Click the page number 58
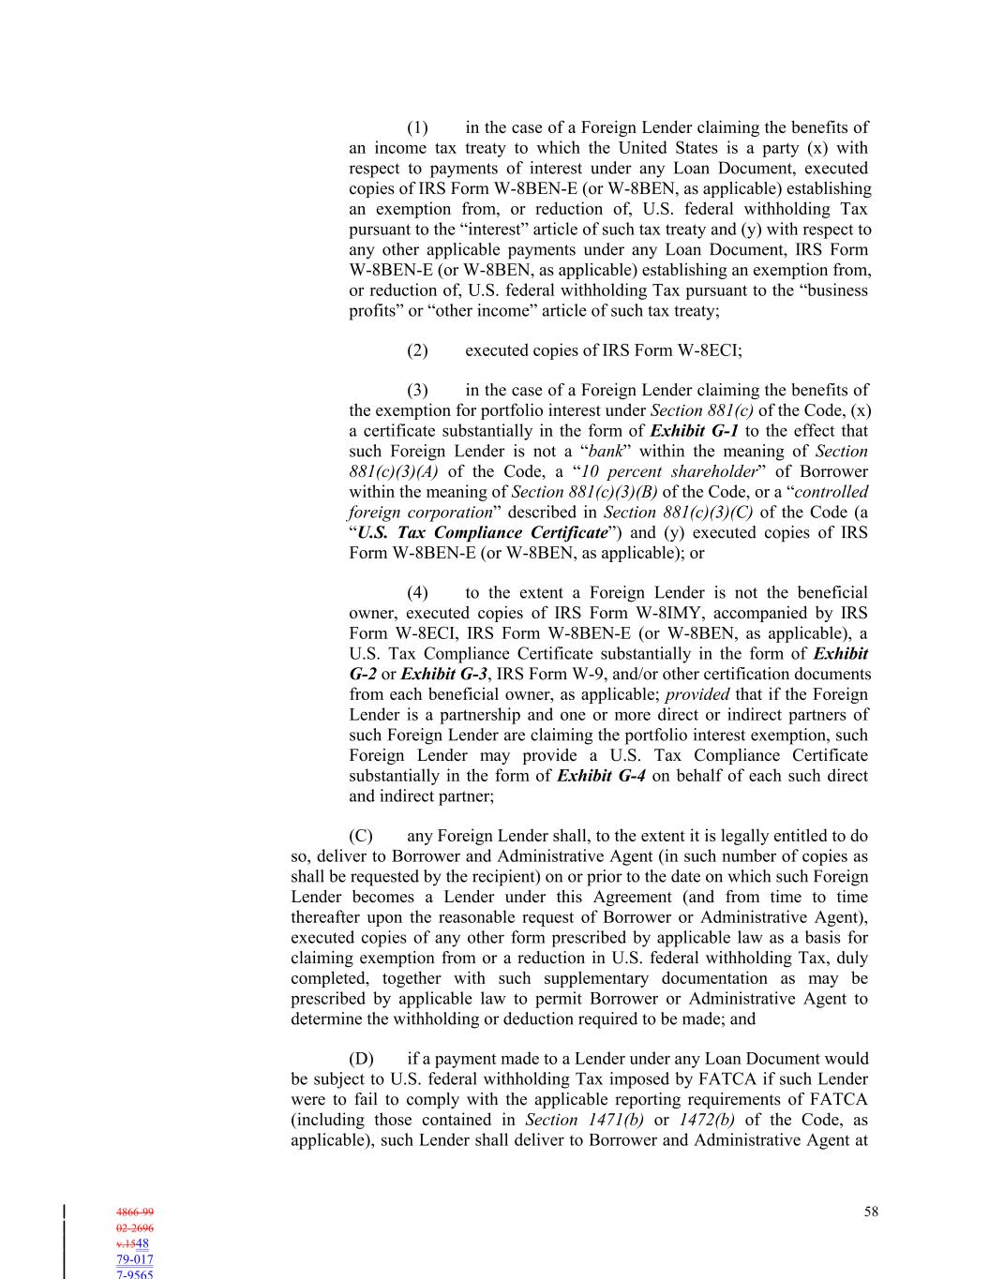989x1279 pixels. click(x=871, y=1212)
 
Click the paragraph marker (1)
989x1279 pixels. click(x=417, y=127)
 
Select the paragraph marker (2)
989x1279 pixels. click(x=417, y=350)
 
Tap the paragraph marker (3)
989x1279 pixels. click(x=417, y=390)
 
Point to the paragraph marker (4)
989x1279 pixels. click(x=417, y=592)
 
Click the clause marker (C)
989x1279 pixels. click(x=361, y=836)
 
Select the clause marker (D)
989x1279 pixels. click(x=361, y=1059)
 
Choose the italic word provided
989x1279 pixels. click(x=697, y=695)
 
